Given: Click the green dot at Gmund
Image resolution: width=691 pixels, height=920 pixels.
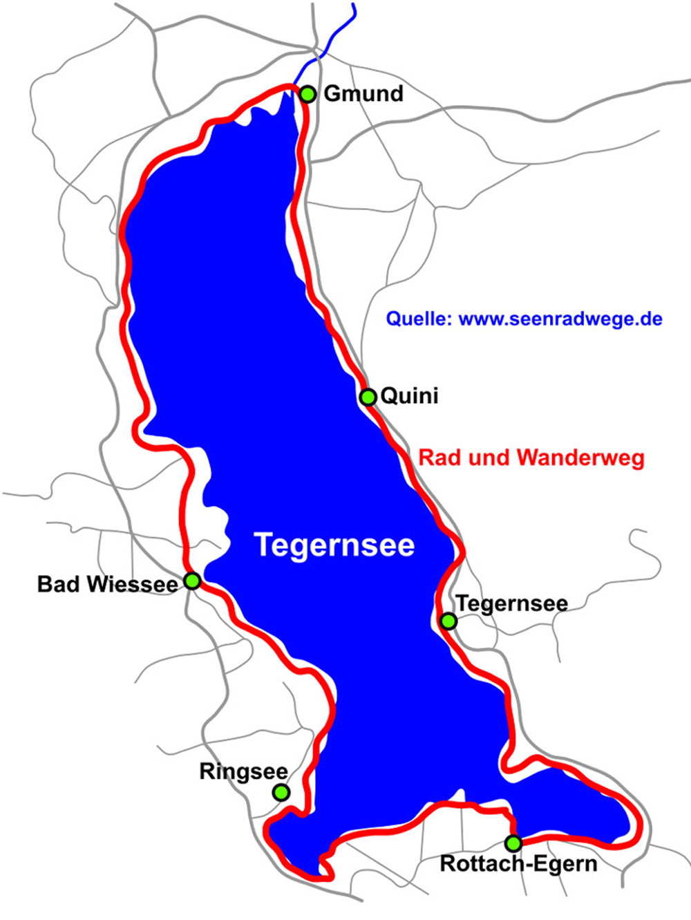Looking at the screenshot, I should pyautogui.click(x=307, y=94).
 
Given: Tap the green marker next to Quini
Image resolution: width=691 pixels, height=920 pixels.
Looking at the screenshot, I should pyautogui.click(x=368, y=397).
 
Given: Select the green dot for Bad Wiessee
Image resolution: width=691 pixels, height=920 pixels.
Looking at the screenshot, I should pyautogui.click(x=192, y=581).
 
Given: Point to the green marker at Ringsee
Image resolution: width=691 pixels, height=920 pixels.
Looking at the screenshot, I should pyautogui.click(x=281, y=792).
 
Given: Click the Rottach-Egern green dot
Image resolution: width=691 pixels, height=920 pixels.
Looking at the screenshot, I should pyautogui.click(x=513, y=843).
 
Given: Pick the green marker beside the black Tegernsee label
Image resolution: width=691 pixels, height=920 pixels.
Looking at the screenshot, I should pyautogui.click(x=448, y=621).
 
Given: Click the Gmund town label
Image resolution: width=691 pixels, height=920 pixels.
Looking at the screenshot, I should pyautogui.click(x=363, y=93).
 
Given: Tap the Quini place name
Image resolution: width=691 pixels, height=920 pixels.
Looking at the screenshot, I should pyautogui.click(x=410, y=396).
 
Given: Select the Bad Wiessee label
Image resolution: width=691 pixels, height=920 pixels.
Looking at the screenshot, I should pyautogui.click(x=107, y=584).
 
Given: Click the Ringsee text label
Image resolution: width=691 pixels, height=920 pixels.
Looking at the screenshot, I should pyautogui.click(x=243, y=771).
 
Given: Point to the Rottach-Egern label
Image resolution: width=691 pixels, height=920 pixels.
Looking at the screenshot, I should pyautogui.click(x=518, y=864).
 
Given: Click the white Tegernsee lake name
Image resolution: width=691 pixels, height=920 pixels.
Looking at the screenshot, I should pyautogui.click(x=334, y=545).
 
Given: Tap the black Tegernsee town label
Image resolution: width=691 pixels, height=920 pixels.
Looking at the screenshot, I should pyautogui.click(x=512, y=603).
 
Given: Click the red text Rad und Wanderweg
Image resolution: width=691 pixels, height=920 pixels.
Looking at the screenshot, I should pyautogui.click(x=531, y=458).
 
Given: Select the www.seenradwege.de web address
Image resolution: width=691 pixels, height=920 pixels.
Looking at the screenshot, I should pyautogui.click(x=560, y=319).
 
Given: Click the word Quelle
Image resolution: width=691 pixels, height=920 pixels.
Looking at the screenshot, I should pyautogui.click(x=419, y=319).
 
